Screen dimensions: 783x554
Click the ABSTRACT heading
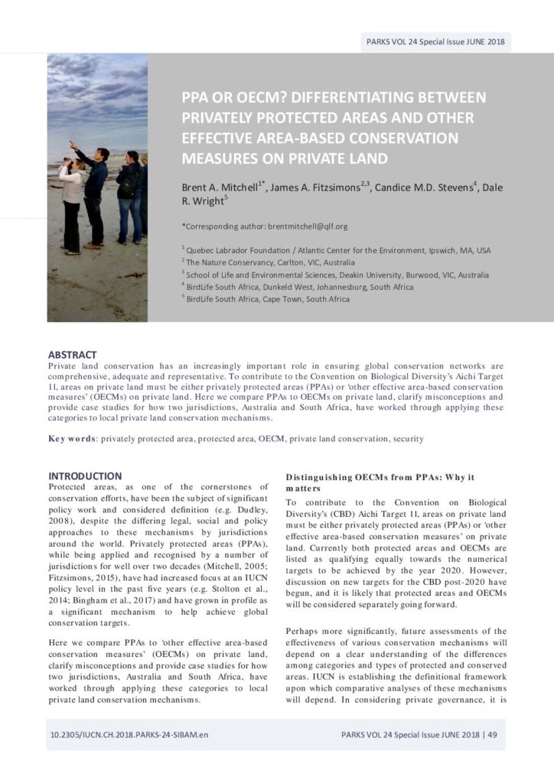tap(72, 355)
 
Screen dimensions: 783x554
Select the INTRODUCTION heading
tap(85, 476)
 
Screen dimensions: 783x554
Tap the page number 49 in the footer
tap(492, 735)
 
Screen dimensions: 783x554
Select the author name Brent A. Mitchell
tap(220, 187)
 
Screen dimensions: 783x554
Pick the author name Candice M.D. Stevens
tap(422, 187)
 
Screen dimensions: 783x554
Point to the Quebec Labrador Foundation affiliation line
tap(337, 250)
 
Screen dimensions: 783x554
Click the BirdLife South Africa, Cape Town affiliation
tap(267, 299)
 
